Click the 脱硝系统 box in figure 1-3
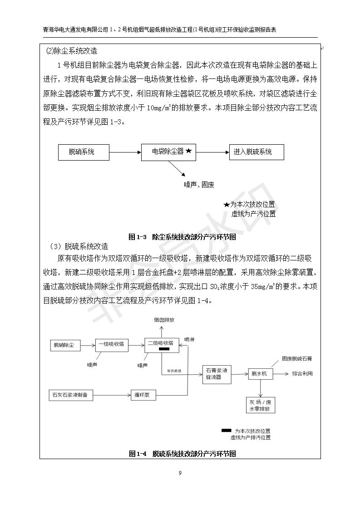[84, 152]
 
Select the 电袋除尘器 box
[168, 152]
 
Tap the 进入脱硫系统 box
[252, 152]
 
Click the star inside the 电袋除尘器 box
[189, 152]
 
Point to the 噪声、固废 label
[199, 185]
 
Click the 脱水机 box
[259, 374]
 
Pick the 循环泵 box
[143, 395]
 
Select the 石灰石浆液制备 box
[71, 395]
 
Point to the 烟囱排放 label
[163, 320]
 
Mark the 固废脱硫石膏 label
[296, 358]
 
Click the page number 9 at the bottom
[180, 473]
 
